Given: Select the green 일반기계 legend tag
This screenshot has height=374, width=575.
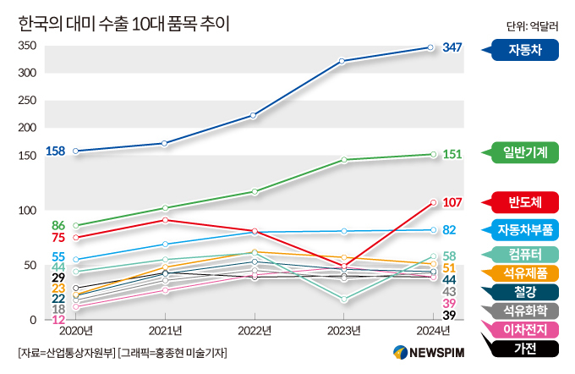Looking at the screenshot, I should [525, 153].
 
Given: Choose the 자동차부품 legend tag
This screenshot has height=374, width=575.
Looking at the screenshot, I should [525, 229].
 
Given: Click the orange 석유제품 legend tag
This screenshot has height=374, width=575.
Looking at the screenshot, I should [525, 272].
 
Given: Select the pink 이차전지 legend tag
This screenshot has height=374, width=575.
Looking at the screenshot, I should [525, 328].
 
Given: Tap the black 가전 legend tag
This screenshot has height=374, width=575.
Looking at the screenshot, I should [525, 347].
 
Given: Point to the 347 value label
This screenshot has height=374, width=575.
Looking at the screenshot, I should [452, 47].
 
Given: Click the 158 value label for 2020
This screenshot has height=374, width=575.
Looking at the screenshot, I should [55, 151].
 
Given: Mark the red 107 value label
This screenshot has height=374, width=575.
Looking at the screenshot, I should [452, 202].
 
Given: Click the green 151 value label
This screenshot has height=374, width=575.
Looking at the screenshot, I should [452, 154].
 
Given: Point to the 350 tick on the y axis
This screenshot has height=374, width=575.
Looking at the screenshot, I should [26, 45].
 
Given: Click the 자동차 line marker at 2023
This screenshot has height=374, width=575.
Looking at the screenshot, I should [342, 61].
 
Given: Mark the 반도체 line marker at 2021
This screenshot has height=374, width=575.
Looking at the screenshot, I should [166, 220].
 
